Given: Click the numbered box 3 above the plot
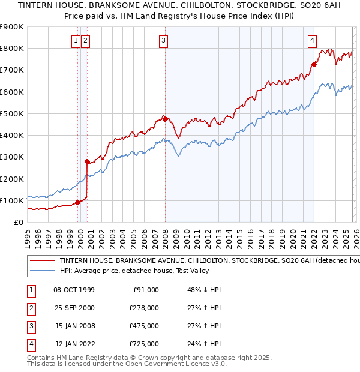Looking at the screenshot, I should (x=164, y=41).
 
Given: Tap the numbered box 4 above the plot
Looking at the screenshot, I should (x=313, y=41).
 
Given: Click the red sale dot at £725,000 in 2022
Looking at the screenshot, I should (x=314, y=64).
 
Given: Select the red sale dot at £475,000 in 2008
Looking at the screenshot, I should (x=165, y=119).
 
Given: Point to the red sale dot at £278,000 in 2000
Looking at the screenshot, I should (x=87, y=161).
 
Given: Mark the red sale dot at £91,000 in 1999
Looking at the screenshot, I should (x=77, y=202).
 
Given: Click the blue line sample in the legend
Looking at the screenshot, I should (x=42, y=271).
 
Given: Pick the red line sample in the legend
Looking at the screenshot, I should (x=42, y=261).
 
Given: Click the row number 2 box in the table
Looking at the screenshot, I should (x=29, y=307).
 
